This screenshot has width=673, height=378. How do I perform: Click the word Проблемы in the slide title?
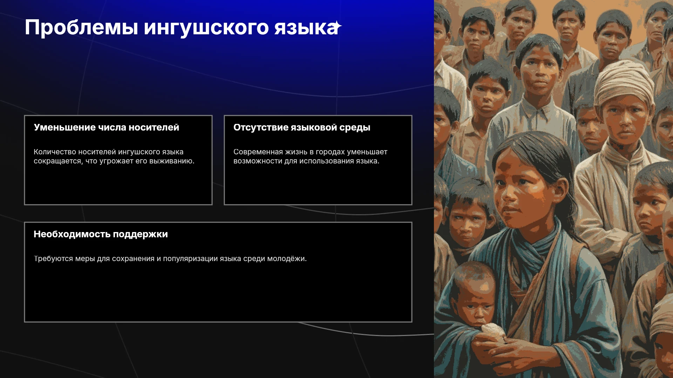[81, 28]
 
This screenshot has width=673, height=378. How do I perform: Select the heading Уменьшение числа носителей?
[106, 127]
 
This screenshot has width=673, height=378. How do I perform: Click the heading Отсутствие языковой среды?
[302, 128]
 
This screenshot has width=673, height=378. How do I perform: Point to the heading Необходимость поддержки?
[101, 234]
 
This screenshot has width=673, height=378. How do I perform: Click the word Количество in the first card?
[55, 152]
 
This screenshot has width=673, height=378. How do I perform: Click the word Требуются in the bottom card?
[53, 259]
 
